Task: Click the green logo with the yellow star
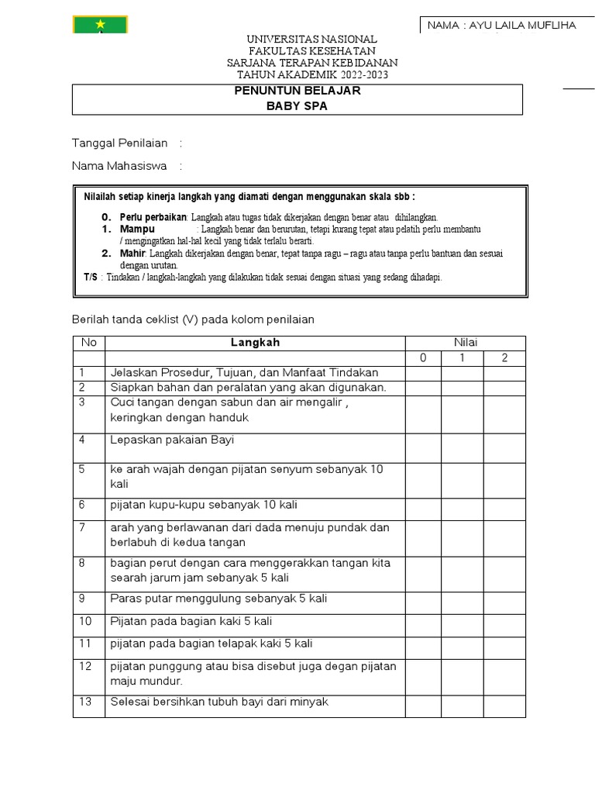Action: click(x=100, y=24)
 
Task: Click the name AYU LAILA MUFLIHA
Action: click(x=502, y=26)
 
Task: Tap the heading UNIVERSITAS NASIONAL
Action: click(x=311, y=40)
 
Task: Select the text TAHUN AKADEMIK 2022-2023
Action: click(x=311, y=74)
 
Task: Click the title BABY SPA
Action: click(x=297, y=106)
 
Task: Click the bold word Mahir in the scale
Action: click(x=133, y=254)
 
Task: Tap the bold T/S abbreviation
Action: click(x=91, y=277)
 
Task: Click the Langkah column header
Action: click(x=255, y=343)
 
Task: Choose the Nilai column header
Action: click(x=466, y=343)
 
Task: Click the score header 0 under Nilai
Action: click(x=423, y=357)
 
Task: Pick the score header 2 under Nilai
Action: click(x=505, y=357)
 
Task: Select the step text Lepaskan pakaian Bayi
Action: click(x=172, y=440)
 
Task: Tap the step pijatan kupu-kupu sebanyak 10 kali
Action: click(x=204, y=505)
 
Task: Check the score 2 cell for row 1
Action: click(x=505, y=373)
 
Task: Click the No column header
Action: click(x=88, y=343)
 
